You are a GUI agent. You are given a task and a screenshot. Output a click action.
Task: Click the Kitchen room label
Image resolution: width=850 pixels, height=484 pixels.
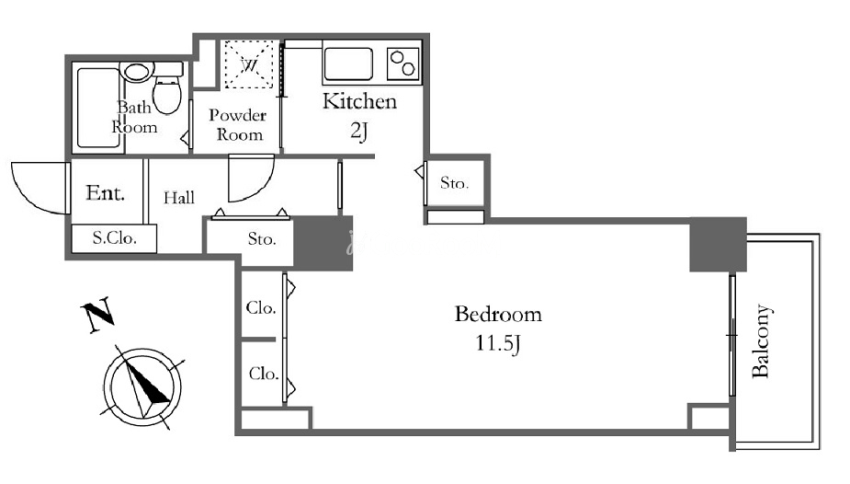pyautogui.click(x=359, y=101)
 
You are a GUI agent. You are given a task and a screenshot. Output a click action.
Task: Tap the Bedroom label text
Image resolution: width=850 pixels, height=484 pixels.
pyautogui.click(x=498, y=314)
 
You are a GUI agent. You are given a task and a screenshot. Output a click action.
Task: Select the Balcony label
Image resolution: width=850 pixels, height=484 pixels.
pyautogui.click(x=761, y=340)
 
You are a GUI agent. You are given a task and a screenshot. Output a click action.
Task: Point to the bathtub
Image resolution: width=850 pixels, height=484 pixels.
pyautogui.click(x=98, y=108)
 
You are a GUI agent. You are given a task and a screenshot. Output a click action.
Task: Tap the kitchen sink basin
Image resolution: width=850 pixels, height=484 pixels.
pyautogui.click(x=348, y=64)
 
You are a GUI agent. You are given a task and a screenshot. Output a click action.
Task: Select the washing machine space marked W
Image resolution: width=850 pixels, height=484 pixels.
pyautogui.click(x=249, y=64)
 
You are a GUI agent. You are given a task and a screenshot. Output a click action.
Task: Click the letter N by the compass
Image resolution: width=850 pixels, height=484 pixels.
pyautogui.click(x=97, y=314)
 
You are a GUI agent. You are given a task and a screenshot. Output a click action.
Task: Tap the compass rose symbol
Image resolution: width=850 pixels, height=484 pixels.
pyautogui.click(x=142, y=387)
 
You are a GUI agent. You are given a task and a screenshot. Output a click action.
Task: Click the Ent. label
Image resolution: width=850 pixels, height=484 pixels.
pyautogui.click(x=105, y=192)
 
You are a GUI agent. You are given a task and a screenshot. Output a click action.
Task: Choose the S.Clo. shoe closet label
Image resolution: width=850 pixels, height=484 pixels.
pyautogui.click(x=114, y=237)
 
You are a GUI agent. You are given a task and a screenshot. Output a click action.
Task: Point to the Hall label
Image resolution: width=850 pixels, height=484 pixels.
pyautogui.click(x=179, y=198)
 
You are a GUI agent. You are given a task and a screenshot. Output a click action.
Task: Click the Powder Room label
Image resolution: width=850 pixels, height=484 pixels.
pyautogui.click(x=239, y=124)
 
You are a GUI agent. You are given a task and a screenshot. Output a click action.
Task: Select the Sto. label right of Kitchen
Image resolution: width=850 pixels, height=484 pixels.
pyautogui.click(x=454, y=183)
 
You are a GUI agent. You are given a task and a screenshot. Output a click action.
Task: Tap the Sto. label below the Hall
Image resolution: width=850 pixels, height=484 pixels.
pyautogui.click(x=262, y=238)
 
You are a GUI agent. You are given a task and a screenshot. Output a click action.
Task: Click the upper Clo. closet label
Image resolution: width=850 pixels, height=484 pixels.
pyautogui.click(x=261, y=307)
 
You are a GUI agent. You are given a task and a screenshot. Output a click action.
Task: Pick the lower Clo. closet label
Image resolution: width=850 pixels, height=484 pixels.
pyautogui.click(x=264, y=374)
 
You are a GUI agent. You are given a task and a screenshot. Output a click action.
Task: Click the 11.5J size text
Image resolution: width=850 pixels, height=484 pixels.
pyautogui.click(x=498, y=343)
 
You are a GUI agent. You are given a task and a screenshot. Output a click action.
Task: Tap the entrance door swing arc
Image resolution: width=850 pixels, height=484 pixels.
pyautogui.click(x=27, y=196)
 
